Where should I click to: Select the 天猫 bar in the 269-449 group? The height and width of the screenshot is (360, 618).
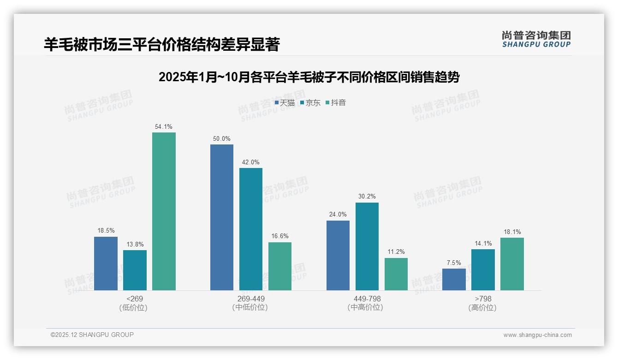click(x=222, y=217)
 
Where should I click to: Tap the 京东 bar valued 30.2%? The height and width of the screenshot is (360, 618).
click(x=367, y=246)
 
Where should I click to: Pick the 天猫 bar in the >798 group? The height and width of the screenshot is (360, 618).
click(x=454, y=279)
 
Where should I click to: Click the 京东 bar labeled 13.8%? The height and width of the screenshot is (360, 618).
click(x=135, y=270)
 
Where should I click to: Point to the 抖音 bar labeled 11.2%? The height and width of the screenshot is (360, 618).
click(x=396, y=274)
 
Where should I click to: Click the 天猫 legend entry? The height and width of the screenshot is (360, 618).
click(x=285, y=103)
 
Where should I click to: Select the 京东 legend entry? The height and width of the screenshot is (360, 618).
click(x=310, y=103)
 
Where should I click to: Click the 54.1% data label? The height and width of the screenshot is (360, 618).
click(x=164, y=126)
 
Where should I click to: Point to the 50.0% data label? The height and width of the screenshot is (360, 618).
click(x=222, y=138)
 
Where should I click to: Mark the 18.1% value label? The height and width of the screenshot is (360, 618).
click(x=512, y=232)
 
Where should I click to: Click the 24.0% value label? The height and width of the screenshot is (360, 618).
click(x=338, y=214)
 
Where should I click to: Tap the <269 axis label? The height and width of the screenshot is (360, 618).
click(x=134, y=299)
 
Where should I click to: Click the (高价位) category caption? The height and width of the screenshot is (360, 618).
click(x=482, y=308)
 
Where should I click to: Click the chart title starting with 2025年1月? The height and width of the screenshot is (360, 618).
click(x=309, y=77)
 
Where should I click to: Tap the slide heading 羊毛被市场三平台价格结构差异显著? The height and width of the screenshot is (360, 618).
click(x=162, y=44)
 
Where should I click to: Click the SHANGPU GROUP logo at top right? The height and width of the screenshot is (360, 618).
click(x=536, y=39)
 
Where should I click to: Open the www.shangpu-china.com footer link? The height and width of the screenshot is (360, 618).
click(x=537, y=335)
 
